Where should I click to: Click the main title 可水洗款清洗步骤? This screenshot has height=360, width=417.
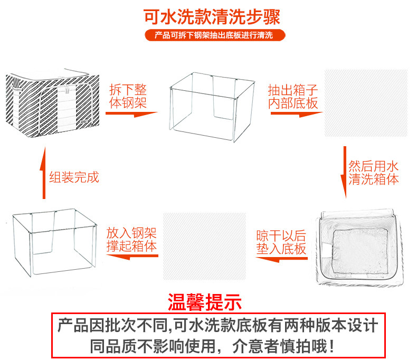212,16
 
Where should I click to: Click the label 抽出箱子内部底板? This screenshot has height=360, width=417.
293,96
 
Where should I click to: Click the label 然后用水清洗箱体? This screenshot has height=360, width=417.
374,172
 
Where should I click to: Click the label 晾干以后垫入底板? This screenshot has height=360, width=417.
282,242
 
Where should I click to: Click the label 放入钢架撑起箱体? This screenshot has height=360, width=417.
131,240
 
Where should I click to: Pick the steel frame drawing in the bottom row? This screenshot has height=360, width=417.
55,243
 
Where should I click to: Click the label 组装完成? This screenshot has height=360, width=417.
74,176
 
